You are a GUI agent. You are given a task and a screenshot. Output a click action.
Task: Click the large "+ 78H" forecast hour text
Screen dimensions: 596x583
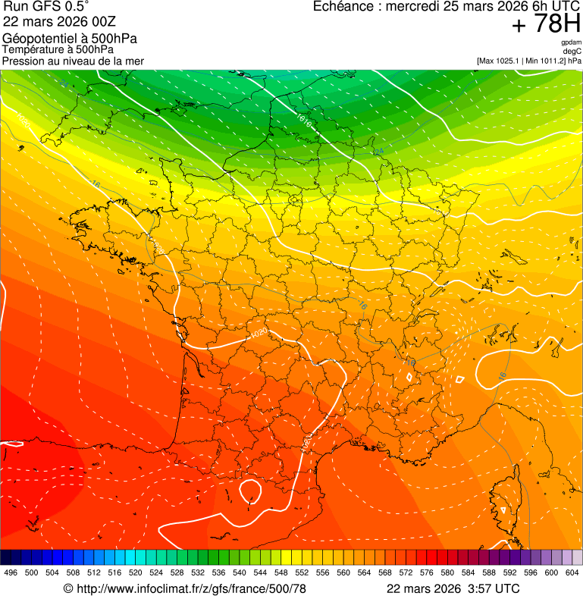[x=546, y=24]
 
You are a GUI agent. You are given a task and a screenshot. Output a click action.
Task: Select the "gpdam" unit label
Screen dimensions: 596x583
[x=571, y=42]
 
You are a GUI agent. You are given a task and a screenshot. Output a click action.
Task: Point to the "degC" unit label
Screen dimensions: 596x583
[x=572, y=51]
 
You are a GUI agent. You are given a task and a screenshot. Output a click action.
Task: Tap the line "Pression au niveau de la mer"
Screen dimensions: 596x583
[x=73, y=61]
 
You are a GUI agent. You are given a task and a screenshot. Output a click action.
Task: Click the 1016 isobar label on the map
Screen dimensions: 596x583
[x=304, y=120]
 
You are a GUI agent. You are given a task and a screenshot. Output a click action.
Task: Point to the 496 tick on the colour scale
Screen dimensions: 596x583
[x=11, y=572]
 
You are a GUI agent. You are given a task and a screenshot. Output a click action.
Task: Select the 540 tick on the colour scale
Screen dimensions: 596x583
[x=239, y=572]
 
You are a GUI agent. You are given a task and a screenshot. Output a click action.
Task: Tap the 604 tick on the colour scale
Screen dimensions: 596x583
[x=572, y=572]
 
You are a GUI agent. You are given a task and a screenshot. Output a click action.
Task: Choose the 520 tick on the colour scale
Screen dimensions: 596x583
[x=135, y=572]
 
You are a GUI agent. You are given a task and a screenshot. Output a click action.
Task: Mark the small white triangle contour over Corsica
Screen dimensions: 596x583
[x=503, y=510]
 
